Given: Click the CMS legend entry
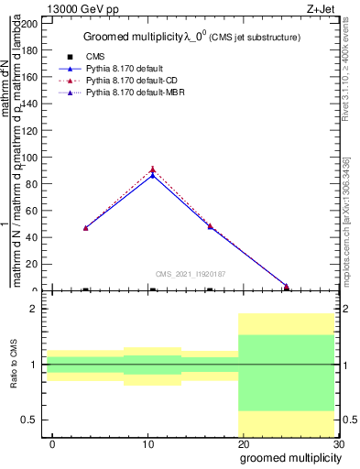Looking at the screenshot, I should pyautogui.click(x=95, y=57).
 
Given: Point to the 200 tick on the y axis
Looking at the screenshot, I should pyautogui.click(x=31, y=24).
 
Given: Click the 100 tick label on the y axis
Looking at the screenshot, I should pyautogui.click(x=31, y=158).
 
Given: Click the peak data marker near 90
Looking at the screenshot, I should pyautogui.click(x=153, y=169).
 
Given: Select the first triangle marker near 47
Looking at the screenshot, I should pyautogui.click(x=85, y=227).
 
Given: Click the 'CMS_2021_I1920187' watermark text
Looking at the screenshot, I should pyautogui.click(x=190, y=274).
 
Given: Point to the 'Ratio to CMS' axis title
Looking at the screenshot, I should pyautogui.click(x=15, y=365).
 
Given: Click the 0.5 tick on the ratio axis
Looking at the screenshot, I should pyautogui.click(x=32, y=420).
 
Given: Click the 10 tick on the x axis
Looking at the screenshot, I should pyautogui.click(x=147, y=444).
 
